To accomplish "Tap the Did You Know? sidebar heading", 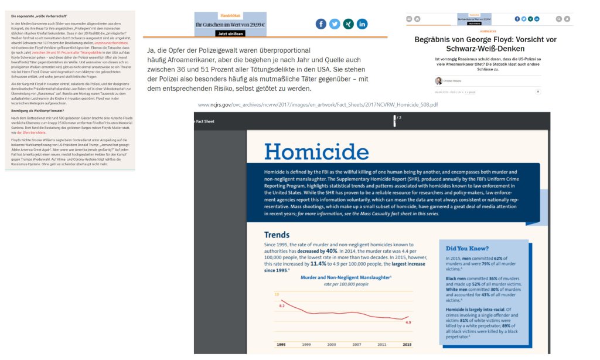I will (x=467, y=248).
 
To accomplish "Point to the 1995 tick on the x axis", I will (x=281, y=344).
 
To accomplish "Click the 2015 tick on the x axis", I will (x=407, y=344).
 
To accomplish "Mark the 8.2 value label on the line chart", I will (x=282, y=306).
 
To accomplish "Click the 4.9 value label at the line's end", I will (x=408, y=322).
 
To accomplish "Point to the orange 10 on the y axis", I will (x=277, y=294).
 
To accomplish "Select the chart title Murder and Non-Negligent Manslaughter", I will (x=345, y=277).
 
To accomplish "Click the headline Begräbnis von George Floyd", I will (x=485, y=44).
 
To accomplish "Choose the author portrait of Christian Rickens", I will (x=438, y=80).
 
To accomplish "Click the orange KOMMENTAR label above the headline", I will (x=487, y=31).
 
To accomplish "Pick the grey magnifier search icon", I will (x=559, y=19).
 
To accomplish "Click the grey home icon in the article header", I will (x=417, y=19).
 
